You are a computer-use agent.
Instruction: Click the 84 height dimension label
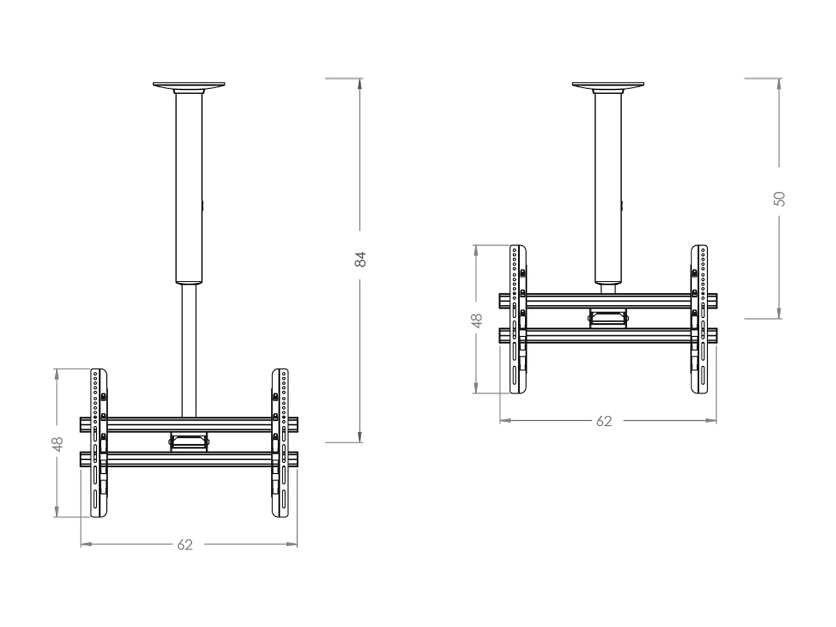point(361,259)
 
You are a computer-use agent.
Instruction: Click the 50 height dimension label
point(780,199)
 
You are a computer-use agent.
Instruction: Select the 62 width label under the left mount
point(184,545)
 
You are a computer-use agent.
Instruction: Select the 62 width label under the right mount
point(604,421)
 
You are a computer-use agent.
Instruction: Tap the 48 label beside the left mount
point(57,444)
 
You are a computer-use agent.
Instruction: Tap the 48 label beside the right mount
point(477,320)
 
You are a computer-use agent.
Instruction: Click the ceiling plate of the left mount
point(189,85)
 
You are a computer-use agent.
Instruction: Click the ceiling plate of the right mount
point(608,85)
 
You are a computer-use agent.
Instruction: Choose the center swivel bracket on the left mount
point(189,442)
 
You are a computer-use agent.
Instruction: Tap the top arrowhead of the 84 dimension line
point(360,84)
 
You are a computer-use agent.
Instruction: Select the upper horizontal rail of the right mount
point(608,302)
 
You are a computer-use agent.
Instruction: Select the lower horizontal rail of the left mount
point(189,459)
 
